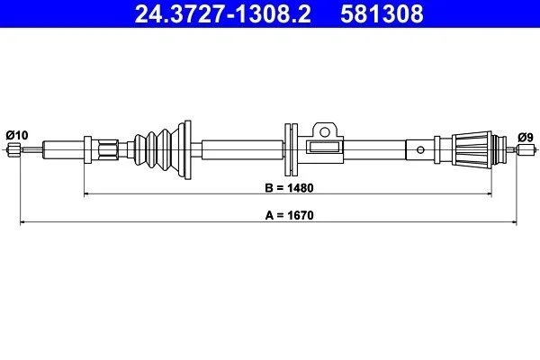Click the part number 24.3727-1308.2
(223, 13)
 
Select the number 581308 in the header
(382, 13)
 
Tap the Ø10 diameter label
(17, 135)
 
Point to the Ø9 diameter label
(526, 138)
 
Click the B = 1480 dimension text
(289, 188)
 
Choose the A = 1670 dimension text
(289, 215)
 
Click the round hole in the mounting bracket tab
(324, 131)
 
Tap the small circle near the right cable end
(420, 150)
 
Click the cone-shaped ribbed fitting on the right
(472, 150)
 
